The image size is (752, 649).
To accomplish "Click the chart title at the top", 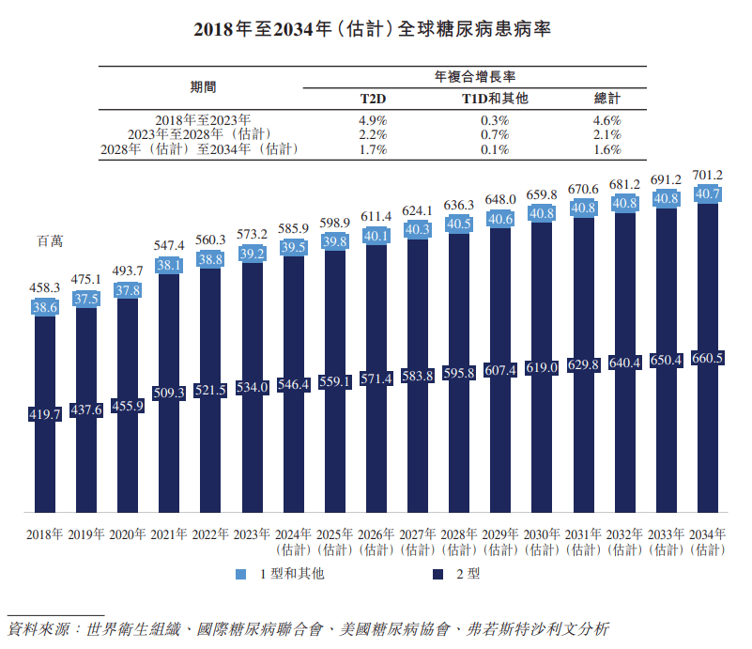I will click(376, 29).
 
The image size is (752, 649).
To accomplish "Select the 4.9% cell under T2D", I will click(373, 120).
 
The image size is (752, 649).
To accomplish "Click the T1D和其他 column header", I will click(495, 98).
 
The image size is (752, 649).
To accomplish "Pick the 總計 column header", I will click(607, 98).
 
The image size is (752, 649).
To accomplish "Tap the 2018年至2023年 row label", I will click(203, 120).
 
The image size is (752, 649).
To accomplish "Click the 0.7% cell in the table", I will click(495, 134).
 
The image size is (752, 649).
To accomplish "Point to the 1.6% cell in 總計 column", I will click(607, 149).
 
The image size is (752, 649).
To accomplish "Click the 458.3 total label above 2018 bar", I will click(44, 288).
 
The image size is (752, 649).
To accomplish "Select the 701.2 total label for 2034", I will click(708, 176).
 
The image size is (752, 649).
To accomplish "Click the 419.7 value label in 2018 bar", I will click(44, 413).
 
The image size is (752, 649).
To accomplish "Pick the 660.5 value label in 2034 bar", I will click(708, 358).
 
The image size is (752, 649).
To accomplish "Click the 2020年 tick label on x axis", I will click(128, 534).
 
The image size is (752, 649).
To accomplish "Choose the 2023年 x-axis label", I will click(252, 534).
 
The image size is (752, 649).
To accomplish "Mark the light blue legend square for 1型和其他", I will click(240, 574).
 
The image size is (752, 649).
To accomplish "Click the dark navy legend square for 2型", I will click(438, 574).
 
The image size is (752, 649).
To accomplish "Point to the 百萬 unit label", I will click(50, 240).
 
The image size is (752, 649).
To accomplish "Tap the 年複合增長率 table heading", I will click(474, 76).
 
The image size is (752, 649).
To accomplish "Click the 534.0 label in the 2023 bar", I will click(252, 387).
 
